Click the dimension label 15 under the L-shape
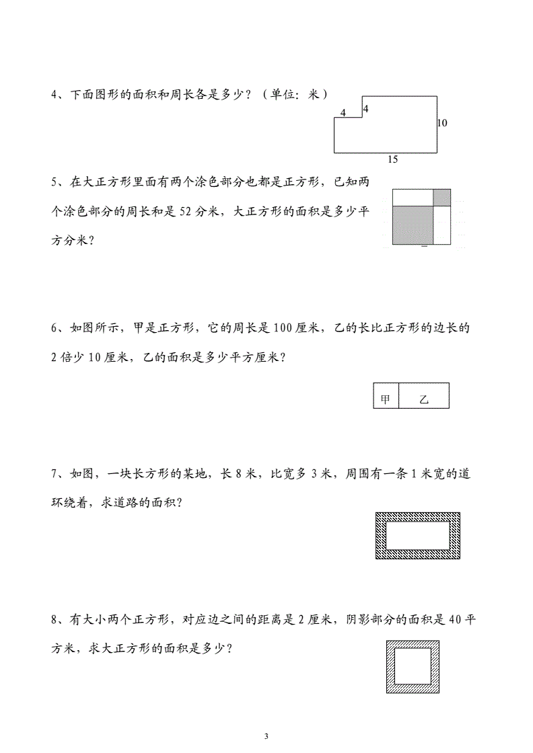tap(393, 159)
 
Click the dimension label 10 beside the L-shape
tap(442, 123)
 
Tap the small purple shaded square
tap(441, 197)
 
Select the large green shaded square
tap(412, 225)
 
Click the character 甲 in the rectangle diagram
tap(386, 399)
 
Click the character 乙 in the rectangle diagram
tap(424, 399)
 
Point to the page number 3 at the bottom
tap(266, 736)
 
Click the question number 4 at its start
tap(55, 95)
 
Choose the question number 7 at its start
tap(55, 474)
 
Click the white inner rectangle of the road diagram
tap(417, 536)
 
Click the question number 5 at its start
tap(55, 182)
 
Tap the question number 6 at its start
tap(55, 328)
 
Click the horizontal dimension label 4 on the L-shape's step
tap(343, 113)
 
